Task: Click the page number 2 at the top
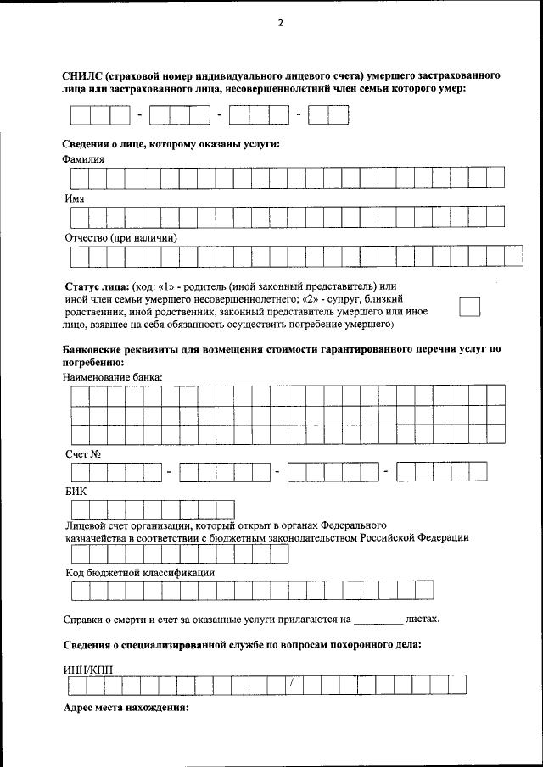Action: point(279,23)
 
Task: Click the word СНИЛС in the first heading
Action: point(82,76)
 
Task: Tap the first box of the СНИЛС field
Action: point(80,114)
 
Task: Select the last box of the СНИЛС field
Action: point(339,114)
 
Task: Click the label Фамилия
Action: point(83,158)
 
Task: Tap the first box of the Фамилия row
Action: point(80,177)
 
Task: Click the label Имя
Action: point(75,198)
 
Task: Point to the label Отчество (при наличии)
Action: point(120,238)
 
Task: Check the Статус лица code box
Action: point(469,307)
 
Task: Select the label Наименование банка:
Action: point(113,375)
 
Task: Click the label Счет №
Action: point(83,454)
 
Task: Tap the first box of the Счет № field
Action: point(80,472)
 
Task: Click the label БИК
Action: point(76,492)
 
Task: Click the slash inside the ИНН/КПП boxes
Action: point(291,683)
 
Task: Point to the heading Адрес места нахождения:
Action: point(126,707)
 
